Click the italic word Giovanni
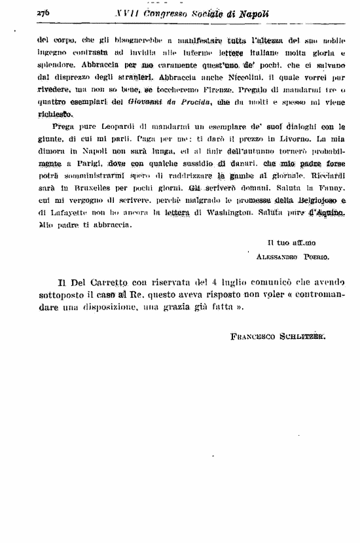[144, 102]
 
